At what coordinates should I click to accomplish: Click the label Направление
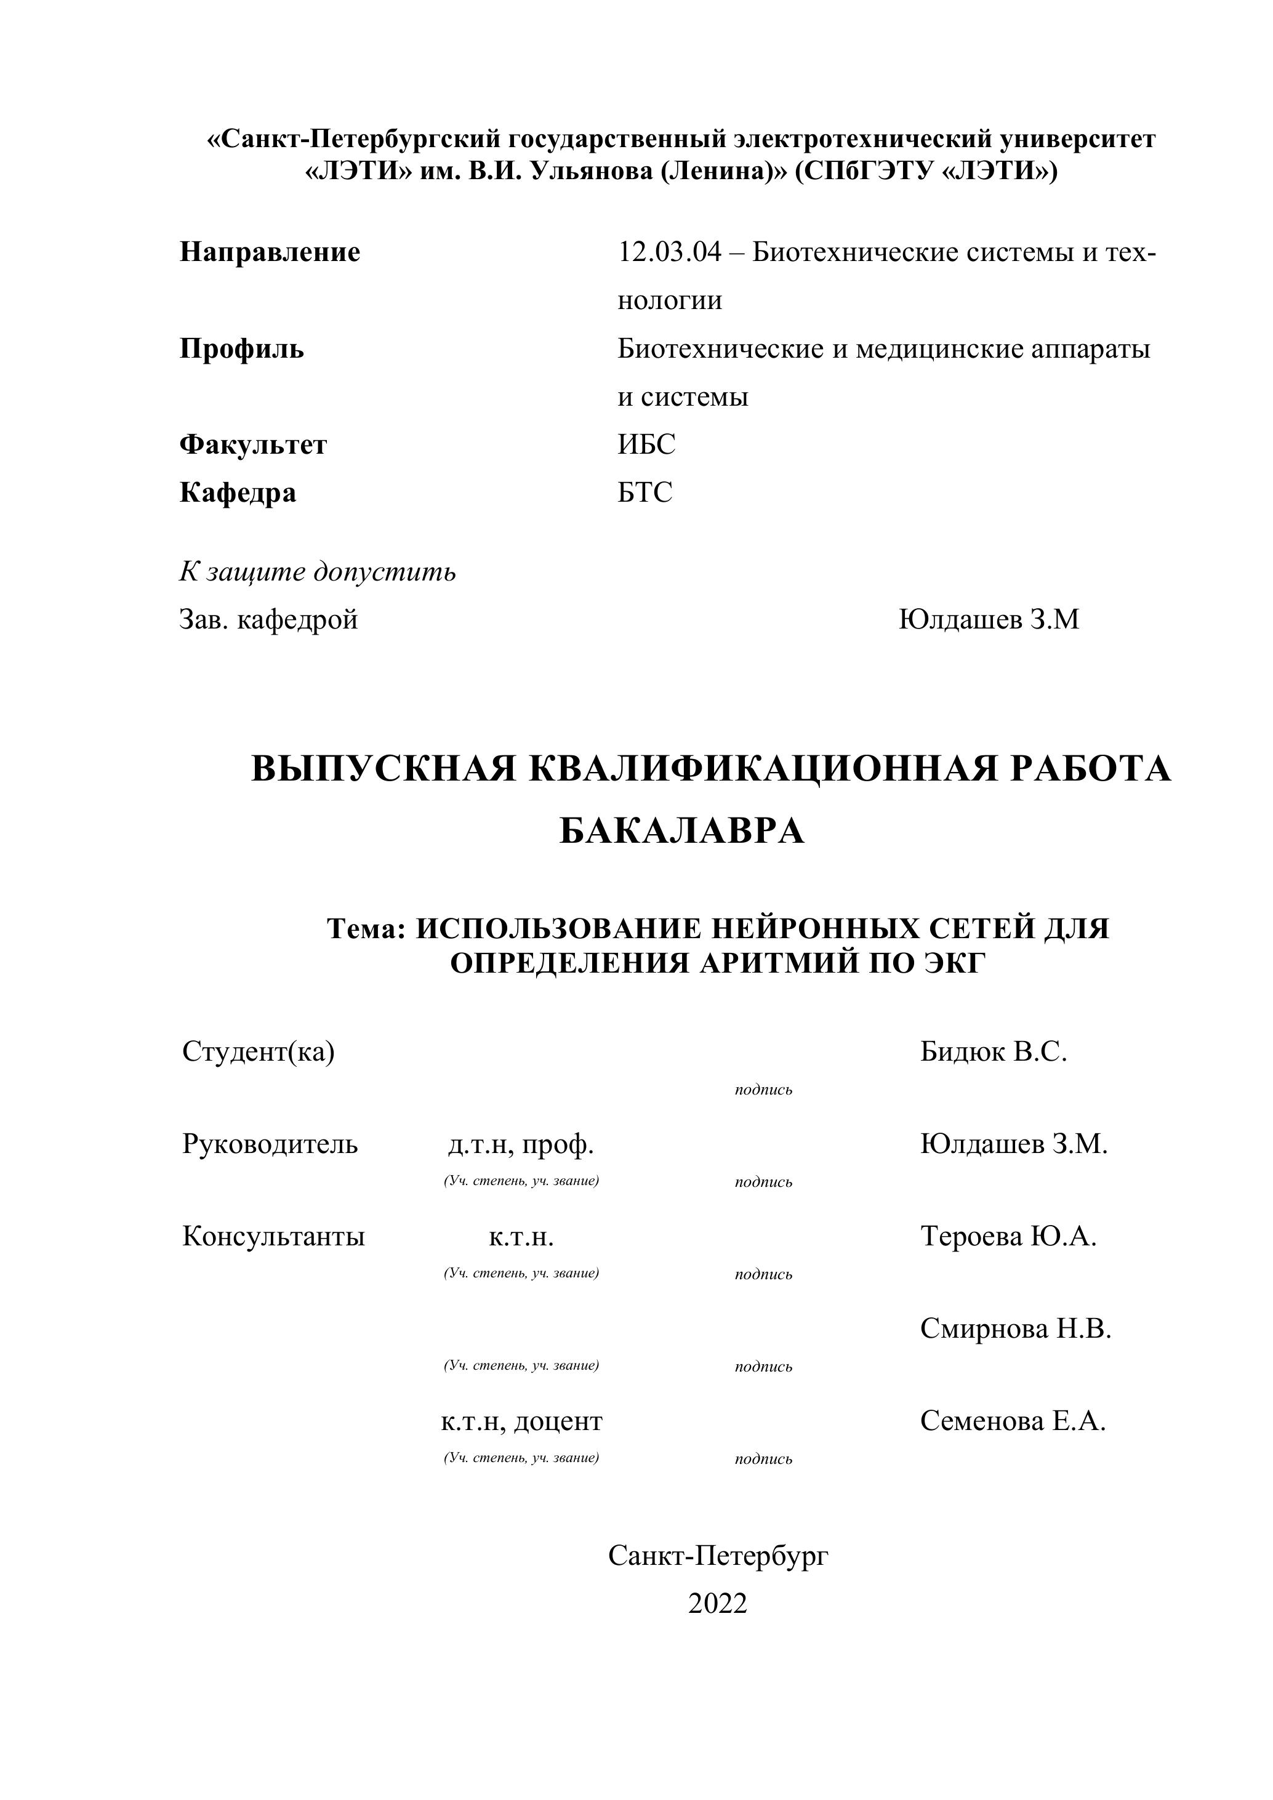(x=270, y=252)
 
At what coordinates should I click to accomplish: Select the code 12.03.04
(x=669, y=252)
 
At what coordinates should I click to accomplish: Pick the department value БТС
(x=645, y=492)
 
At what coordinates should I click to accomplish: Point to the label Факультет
(x=253, y=444)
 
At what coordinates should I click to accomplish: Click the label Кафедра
(x=238, y=493)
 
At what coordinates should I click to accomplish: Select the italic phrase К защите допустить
(x=318, y=571)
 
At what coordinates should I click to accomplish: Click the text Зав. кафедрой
(x=268, y=619)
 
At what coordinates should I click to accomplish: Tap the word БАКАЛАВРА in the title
(x=682, y=831)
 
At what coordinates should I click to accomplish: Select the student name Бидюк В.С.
(x=993, y=1051)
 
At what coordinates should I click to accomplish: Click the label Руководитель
(x=270, y=1144)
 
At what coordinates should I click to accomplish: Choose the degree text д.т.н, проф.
(x=521, y=1144)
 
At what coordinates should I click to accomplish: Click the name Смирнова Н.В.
(x=1015, y=1329)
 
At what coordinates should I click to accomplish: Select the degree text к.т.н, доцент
(x=521, y=1421)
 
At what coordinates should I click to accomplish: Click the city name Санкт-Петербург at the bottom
(x=718, y=1556)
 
